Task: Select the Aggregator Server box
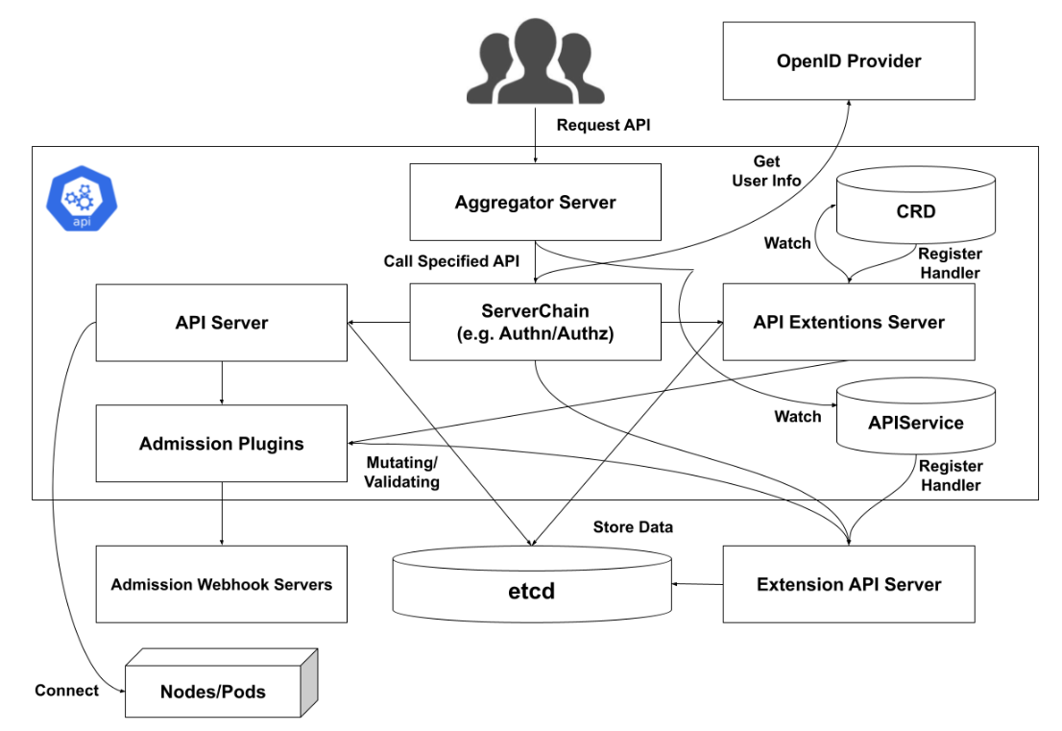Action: [x=535, y=203]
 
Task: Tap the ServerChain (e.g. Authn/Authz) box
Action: [x=535, y=322]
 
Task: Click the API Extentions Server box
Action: [x=849, y=322]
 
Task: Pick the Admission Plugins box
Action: [x=221, y=443]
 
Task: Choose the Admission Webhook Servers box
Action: [x=221, y=584]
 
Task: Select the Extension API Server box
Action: [x=849, y=584]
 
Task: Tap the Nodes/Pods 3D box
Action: [x=213, y=691]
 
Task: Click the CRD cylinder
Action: [x=914, y=210]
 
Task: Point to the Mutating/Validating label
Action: [x=401, y=471]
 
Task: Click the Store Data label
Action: [x=633, y=526]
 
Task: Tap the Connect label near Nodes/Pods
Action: [x=66, y=691]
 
